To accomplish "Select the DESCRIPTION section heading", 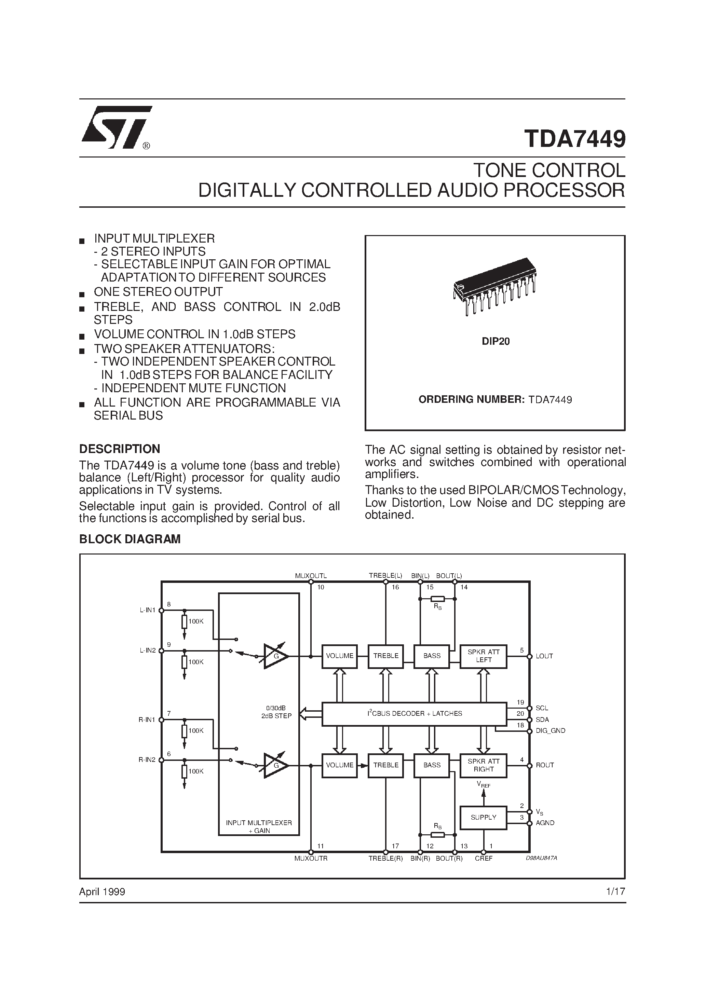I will [120, 449].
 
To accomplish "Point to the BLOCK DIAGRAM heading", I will [130, 539].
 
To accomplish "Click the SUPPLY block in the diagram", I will [483, 817].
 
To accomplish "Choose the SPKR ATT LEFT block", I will [483, 656].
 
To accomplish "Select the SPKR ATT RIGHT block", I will [483, 765].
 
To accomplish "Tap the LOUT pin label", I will [544, 656].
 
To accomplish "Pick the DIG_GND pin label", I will [550, 731].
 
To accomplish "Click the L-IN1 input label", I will [148, 610].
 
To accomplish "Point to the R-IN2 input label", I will [147, 760].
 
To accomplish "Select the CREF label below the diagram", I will [484, 859].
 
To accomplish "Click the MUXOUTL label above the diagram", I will [311, 576].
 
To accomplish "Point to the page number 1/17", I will [615, 891].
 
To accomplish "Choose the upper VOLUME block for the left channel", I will [340, 656].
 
